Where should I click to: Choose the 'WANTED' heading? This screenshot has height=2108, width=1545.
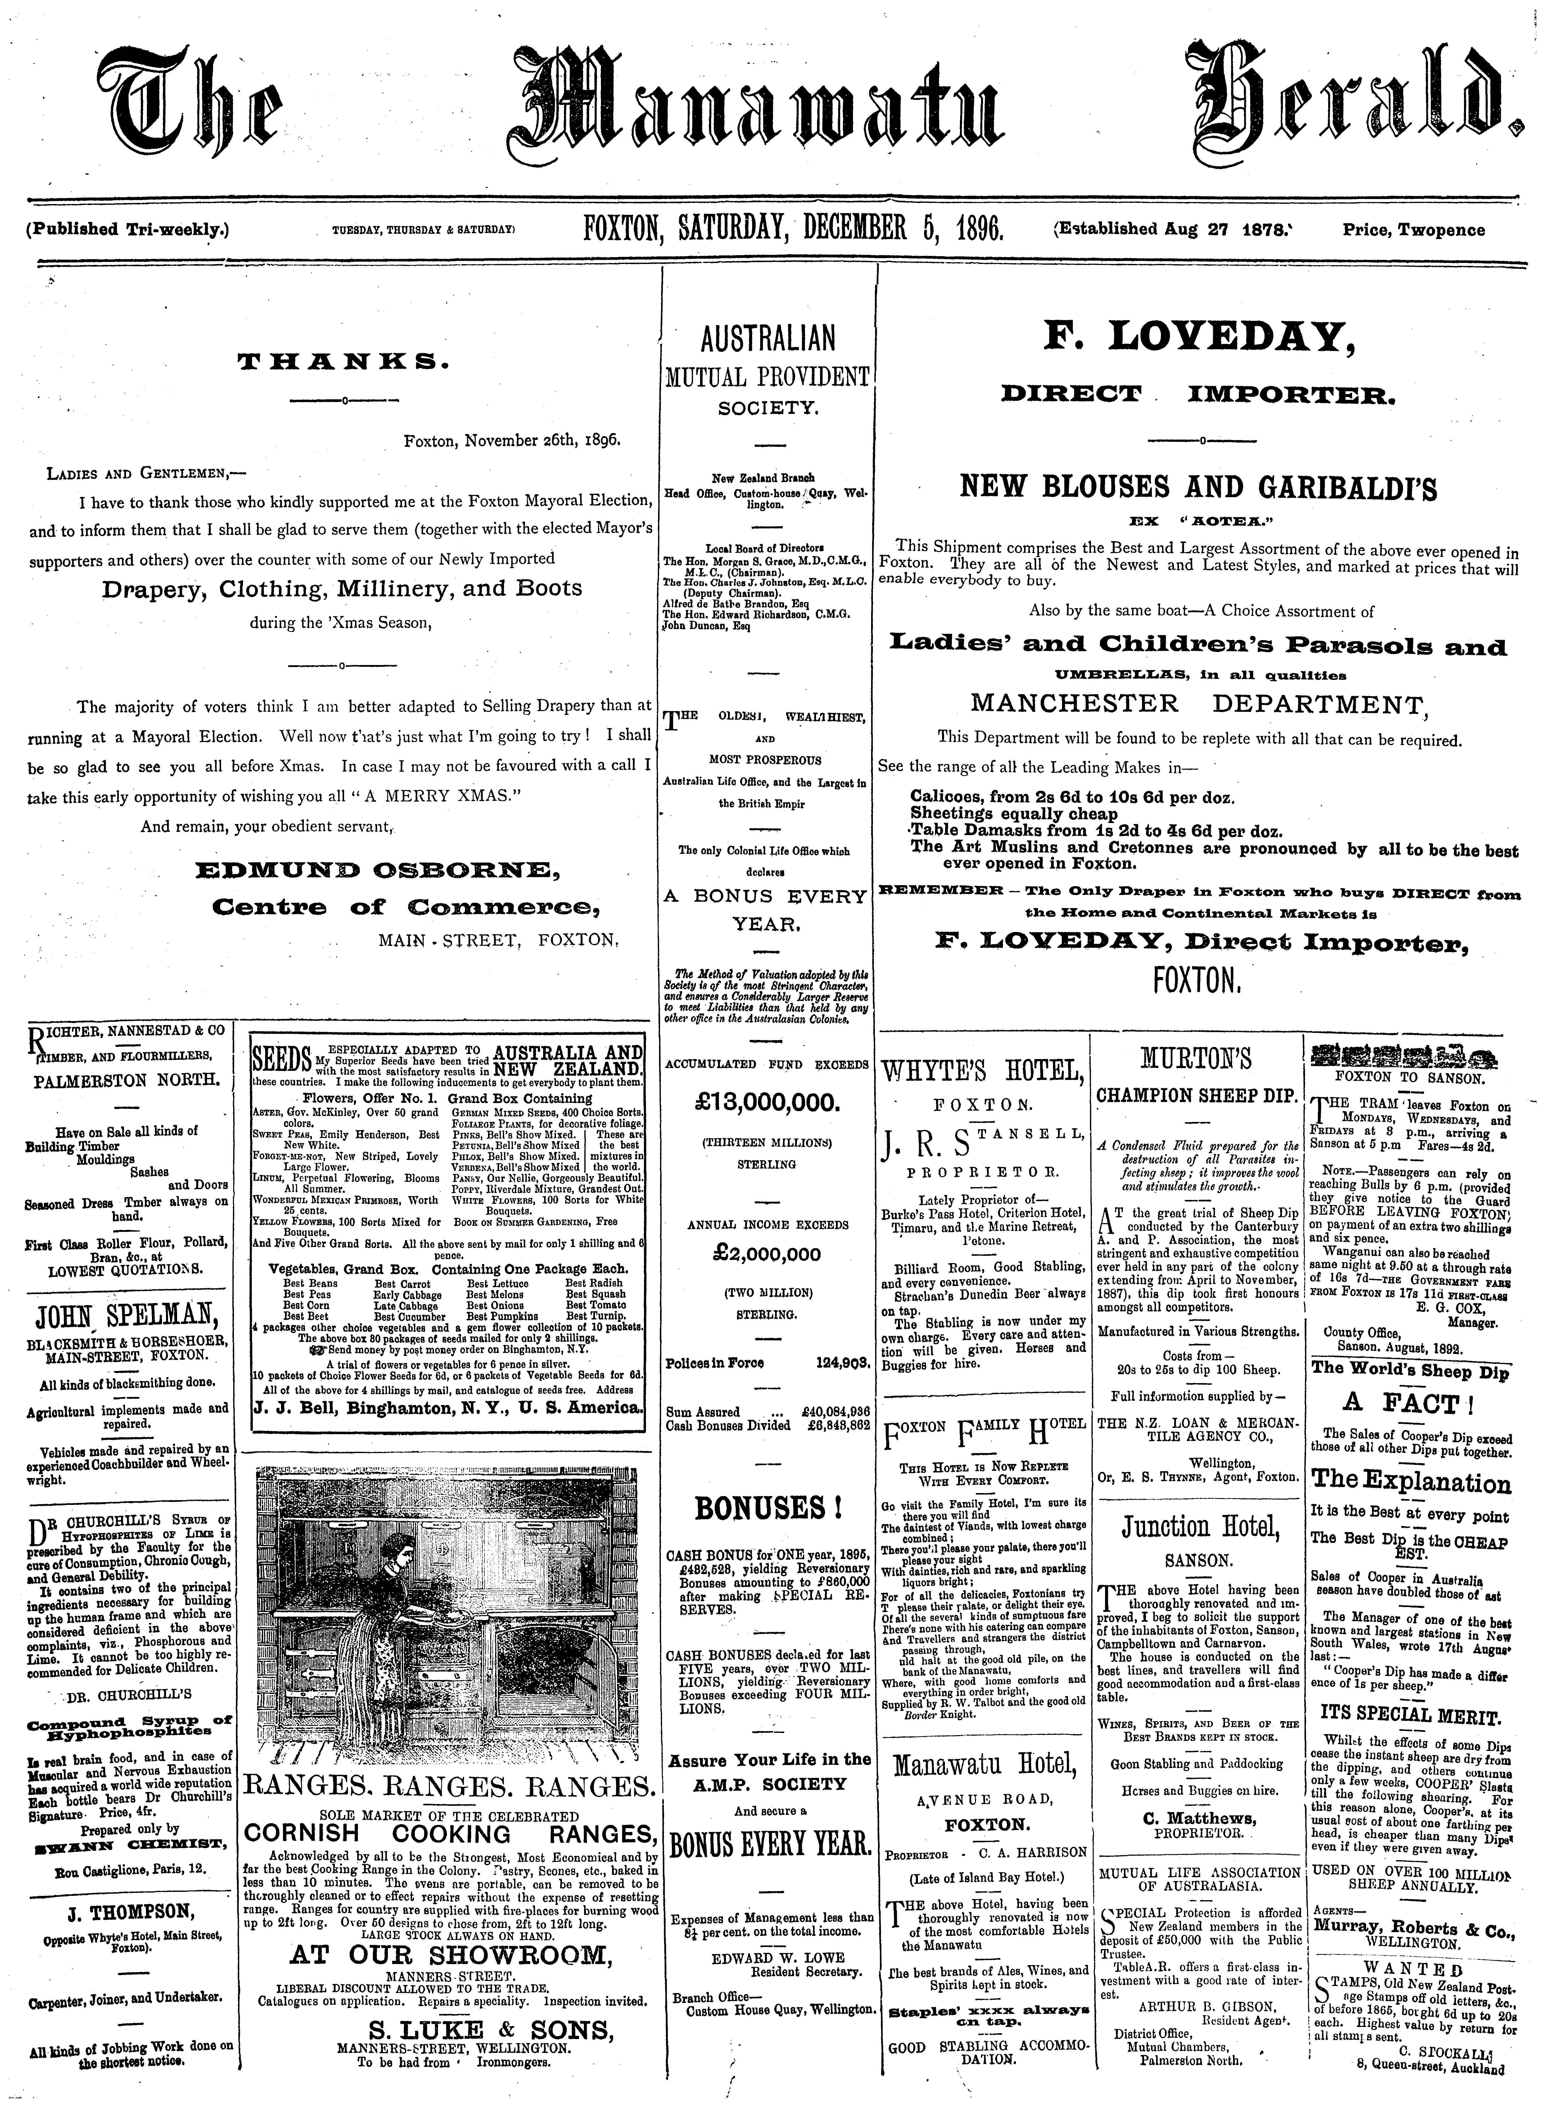tap(1412, 1970)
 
